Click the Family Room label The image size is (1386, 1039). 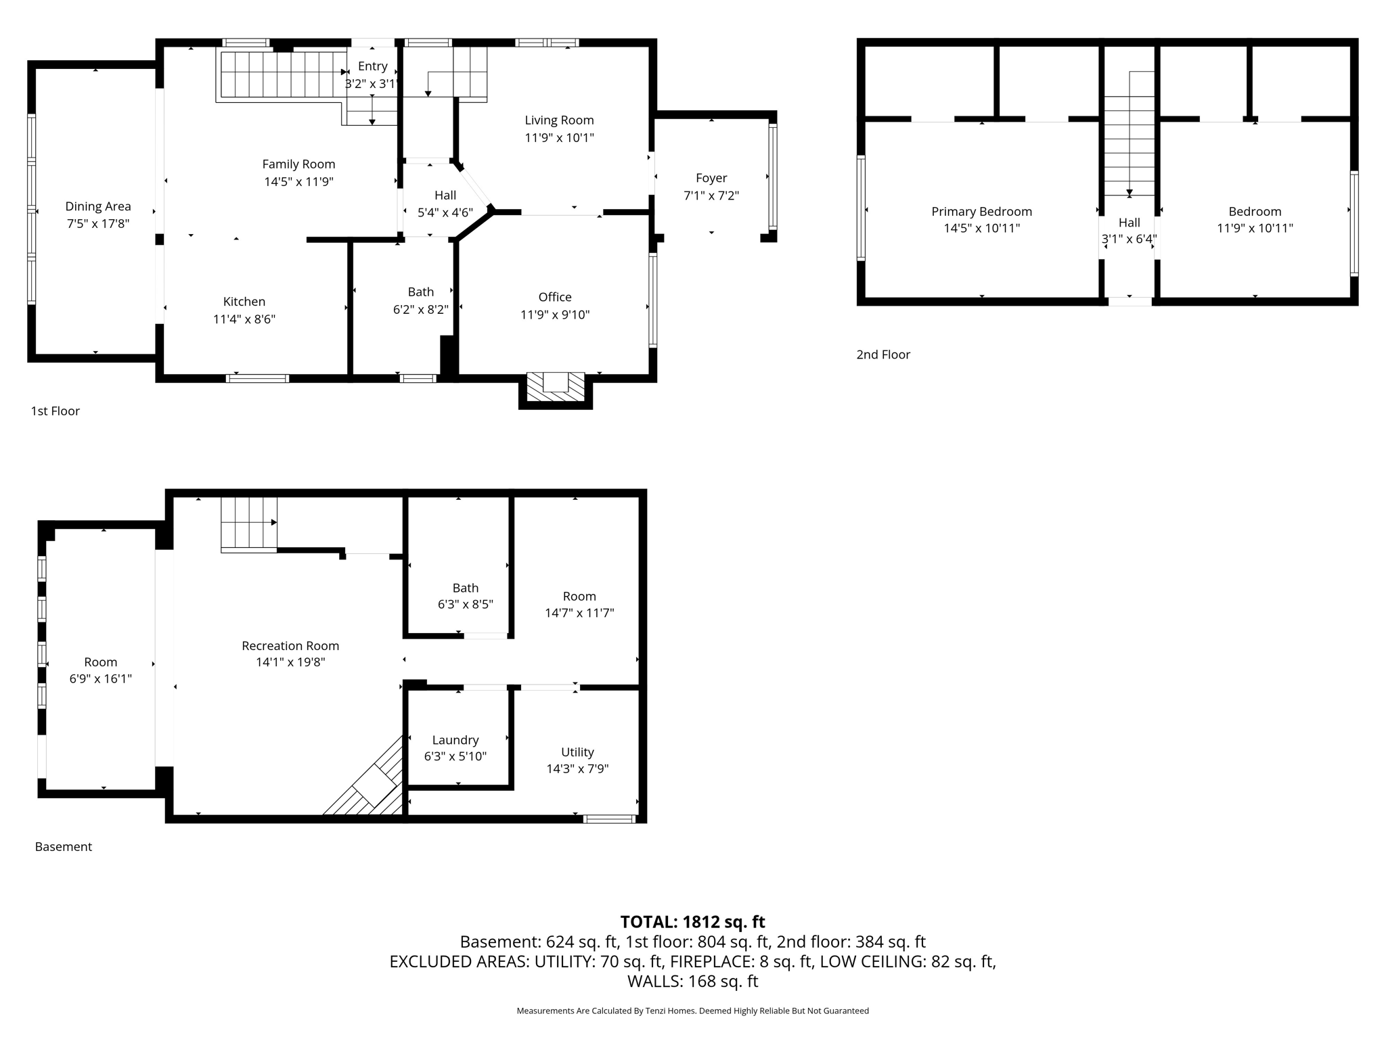click(x=298, y=164)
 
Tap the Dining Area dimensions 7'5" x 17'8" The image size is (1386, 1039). click(x=98, y=224)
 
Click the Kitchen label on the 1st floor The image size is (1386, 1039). click(x=244, y=302)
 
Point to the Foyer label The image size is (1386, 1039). click(x=711, y=178)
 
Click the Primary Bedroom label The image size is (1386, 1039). click(x=981, y=212)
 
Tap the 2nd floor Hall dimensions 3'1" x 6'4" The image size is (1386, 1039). click(x=1129, y=239)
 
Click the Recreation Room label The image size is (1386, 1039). click(x=290, y=646)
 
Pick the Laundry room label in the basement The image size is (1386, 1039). click(x=455, y=740)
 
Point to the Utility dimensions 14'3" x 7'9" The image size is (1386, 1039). click(x=577, y=769)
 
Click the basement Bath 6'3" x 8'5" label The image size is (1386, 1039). click(x=465, y=588)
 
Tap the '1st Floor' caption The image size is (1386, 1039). click(x=55, y=411)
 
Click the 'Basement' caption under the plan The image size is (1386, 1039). click(x=64, y=847)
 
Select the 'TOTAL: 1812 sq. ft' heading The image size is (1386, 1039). click(x=692, y=922)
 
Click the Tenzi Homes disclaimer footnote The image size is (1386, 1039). click(x=692, y=1011)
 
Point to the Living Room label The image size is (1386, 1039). click(x=559, y=120)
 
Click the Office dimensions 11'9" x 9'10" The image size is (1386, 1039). click(x=555, y=315)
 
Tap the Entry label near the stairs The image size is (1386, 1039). click(x=373, y=66)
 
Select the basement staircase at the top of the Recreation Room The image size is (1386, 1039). click(x=248, y=522)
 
